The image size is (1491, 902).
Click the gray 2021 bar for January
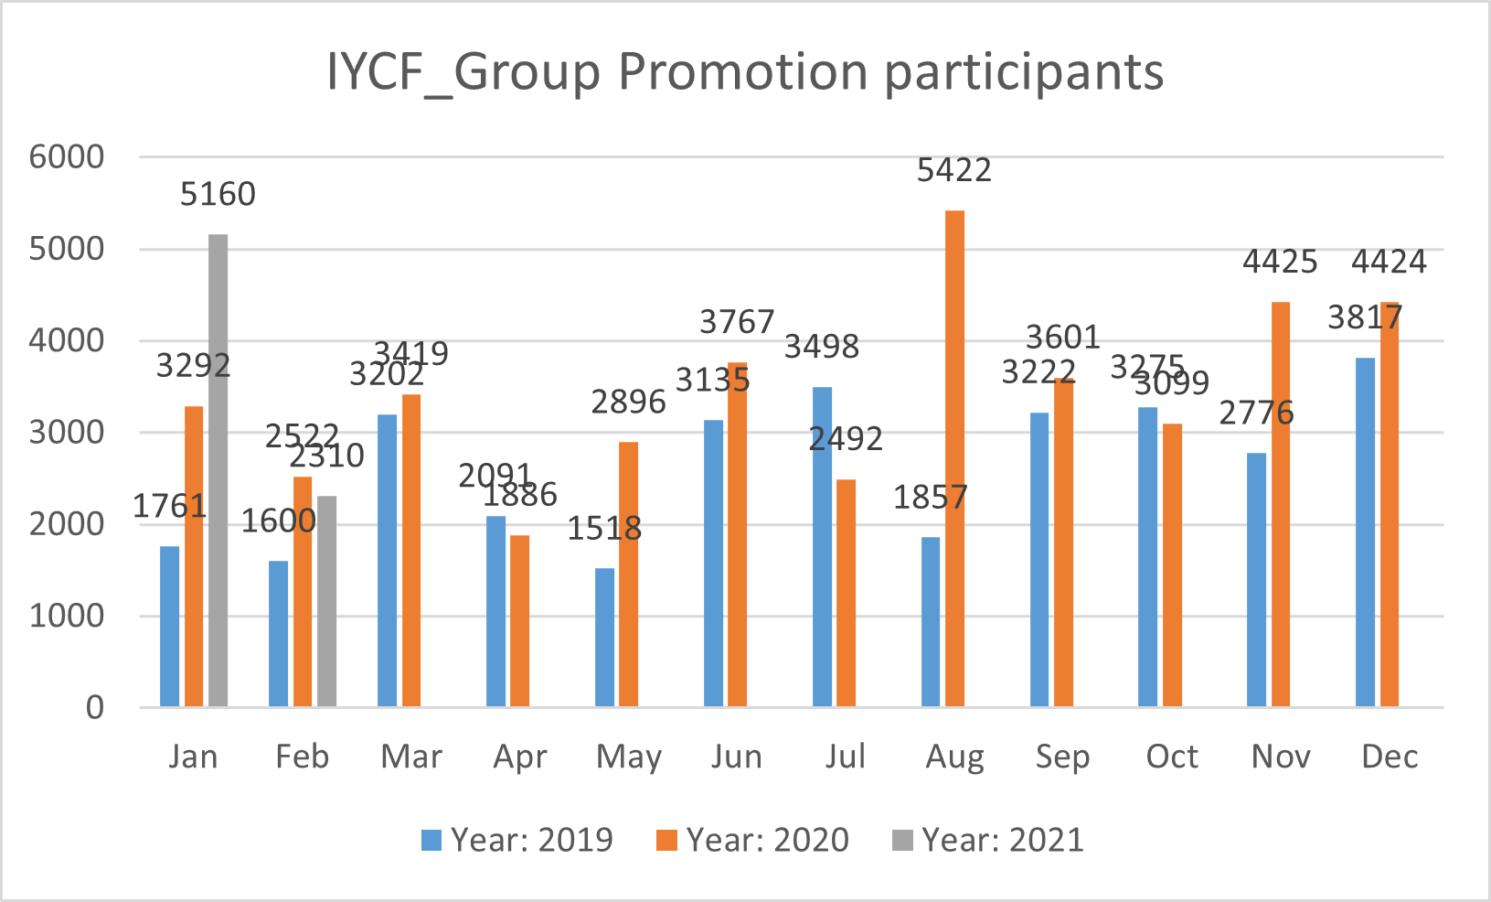click(x=218, y=470)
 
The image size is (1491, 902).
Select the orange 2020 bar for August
click(x=954, y=458)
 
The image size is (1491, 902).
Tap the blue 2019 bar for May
click(x=604, y=637)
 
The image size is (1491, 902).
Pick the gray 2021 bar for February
click(x=326, y=601)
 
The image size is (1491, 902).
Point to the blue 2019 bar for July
click(x=822, y=546)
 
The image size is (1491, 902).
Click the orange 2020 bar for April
click(x=519, y=620)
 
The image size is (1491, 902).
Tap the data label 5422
click(x=953, y=171)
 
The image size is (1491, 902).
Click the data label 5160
click(x=218, y=195)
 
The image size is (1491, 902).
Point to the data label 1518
click(x=604, y=529)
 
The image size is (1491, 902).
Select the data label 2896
click(x=628, y=403)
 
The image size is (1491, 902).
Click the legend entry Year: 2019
click(x=517, y=840)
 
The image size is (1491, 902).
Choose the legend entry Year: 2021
click(x=988, y=840)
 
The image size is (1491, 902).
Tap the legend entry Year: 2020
click(x=753, y=840)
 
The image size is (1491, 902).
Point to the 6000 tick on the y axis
click(x=67, y=157)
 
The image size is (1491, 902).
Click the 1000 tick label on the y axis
click(x=67, y=617)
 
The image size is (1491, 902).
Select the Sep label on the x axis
click(x=1062, y=757)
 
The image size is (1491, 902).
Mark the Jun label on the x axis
click(x=736, y=757)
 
